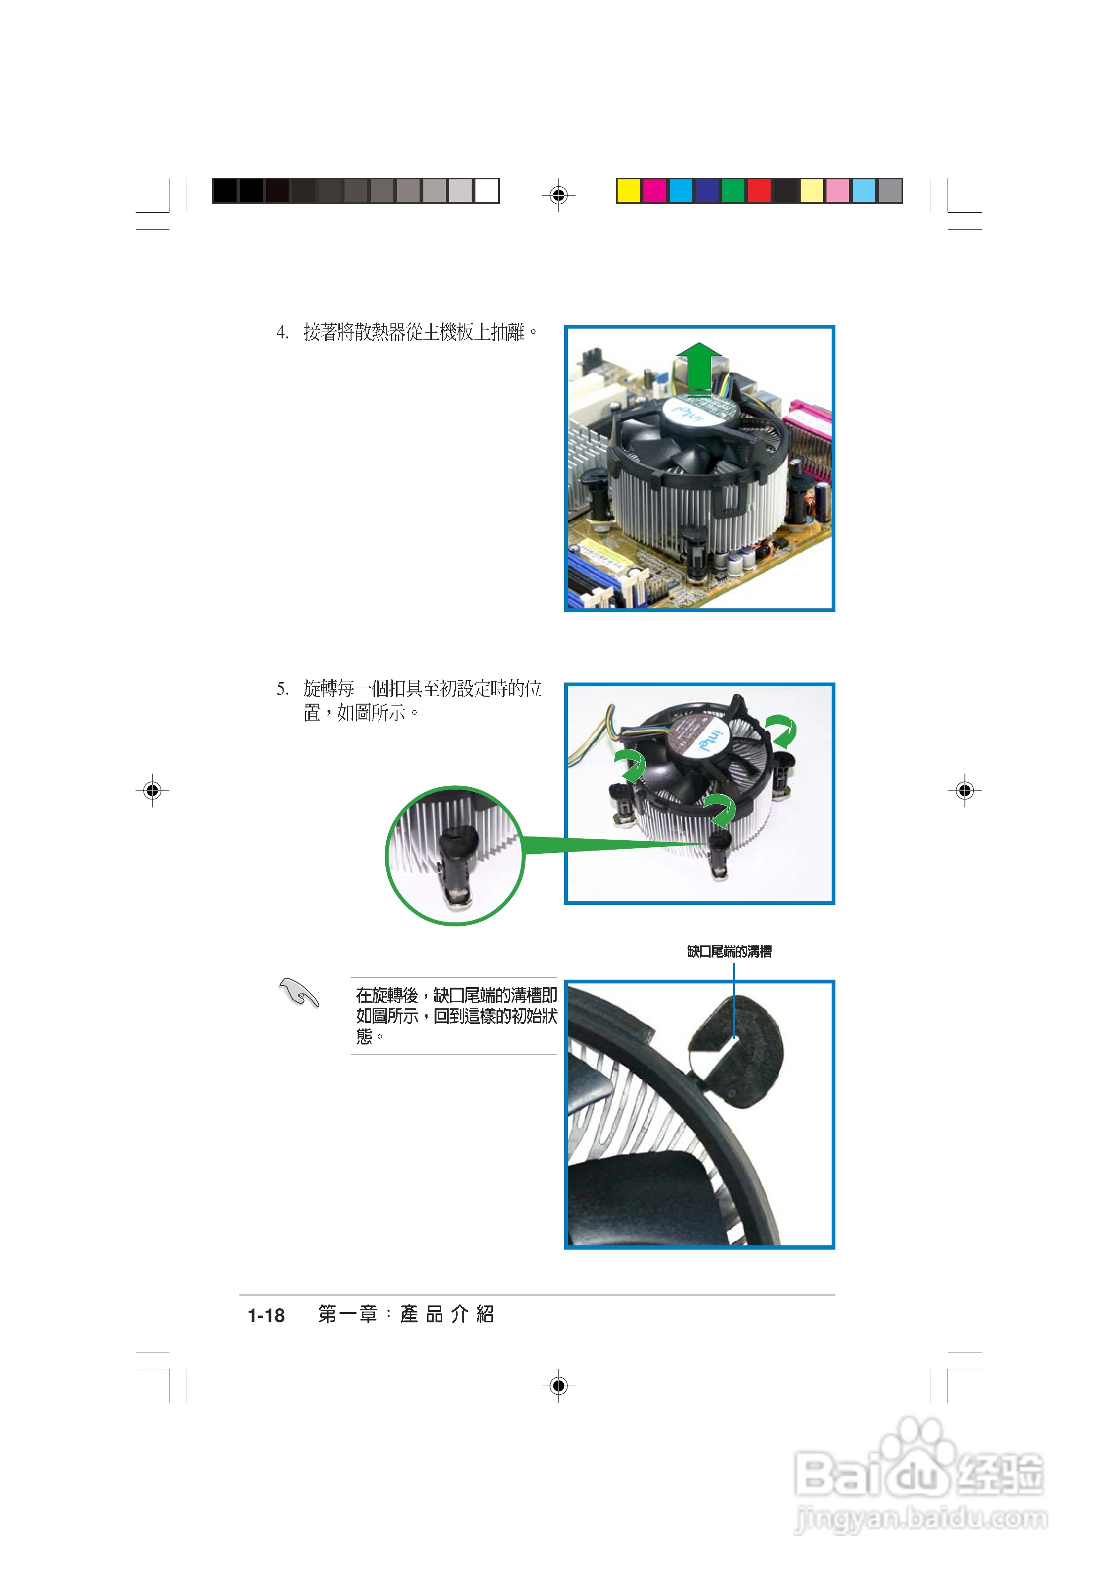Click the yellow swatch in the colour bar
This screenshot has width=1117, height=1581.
pyautogui.click(x=628, y=191)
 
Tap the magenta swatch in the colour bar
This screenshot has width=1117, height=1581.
pyautogui.click(x=654, y=191)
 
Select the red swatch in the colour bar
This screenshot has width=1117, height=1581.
pyautogui.click(x=759, y=191)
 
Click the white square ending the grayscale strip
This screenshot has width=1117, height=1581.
pyautogui.click(x=486, y=191)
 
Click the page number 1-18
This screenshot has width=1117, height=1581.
pyautogui.click(x=266, y=1315)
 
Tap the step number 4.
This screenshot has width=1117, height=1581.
pyautogui.click(x=282, y=333)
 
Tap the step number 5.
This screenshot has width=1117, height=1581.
pyautogui.click(x=282, y=689)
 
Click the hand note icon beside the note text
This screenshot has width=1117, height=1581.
pyautogui.click(x=299, y=992)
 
